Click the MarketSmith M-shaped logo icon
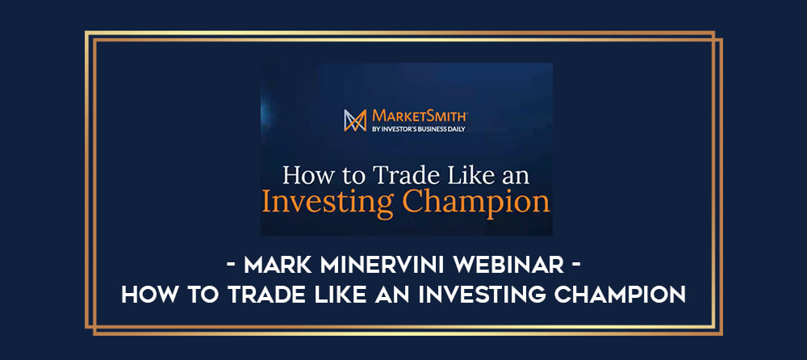click(x=356, y=120)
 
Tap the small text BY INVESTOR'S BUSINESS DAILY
click(x=418, y=129)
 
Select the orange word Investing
click(x=328, y=203)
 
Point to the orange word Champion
click(x=475, y=203)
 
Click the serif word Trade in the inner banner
click(x=400, y=176)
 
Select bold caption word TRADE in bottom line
click(x=270, y=294)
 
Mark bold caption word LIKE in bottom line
click(x=344, y=294)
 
